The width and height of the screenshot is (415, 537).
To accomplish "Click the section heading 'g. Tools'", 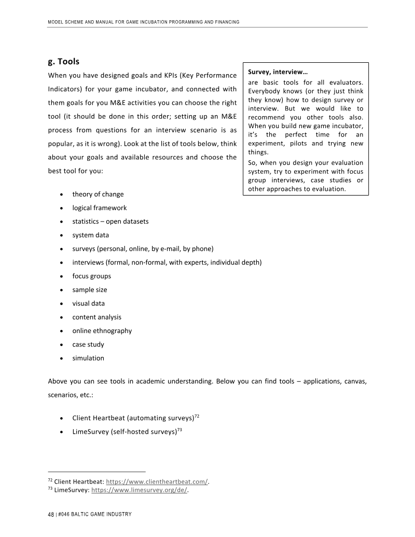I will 63,62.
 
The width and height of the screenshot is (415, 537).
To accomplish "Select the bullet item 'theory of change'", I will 98,194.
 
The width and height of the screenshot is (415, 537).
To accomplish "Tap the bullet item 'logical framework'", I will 100,208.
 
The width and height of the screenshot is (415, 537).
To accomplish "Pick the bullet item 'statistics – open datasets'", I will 110,221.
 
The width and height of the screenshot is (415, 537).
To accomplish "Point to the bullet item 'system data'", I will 91,235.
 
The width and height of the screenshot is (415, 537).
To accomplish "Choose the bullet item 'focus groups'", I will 92,276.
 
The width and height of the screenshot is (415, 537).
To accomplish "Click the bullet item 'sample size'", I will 90,290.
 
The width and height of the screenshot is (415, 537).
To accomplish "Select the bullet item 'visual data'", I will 89,304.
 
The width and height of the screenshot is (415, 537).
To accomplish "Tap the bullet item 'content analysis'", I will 97,317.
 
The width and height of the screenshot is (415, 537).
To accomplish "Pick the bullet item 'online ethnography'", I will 102,331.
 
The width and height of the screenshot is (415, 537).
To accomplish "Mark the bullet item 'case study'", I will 88,345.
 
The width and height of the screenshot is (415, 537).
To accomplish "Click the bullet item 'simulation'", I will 88,358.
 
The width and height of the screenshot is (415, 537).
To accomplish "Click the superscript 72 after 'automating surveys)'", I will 197,416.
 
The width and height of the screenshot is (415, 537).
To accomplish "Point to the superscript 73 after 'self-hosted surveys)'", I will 179,429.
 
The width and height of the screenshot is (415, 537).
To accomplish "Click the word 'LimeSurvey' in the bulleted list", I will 91,432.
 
